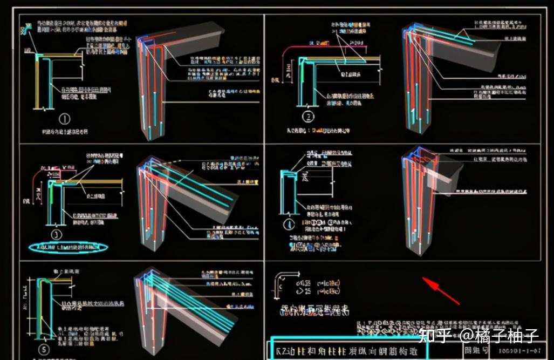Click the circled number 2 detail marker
[x=309, y=116]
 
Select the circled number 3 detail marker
[x=57, y=234]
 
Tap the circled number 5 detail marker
[x=44, y=350]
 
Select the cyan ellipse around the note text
[x=69, y=248]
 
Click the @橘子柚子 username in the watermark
[x=499, y=336]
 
